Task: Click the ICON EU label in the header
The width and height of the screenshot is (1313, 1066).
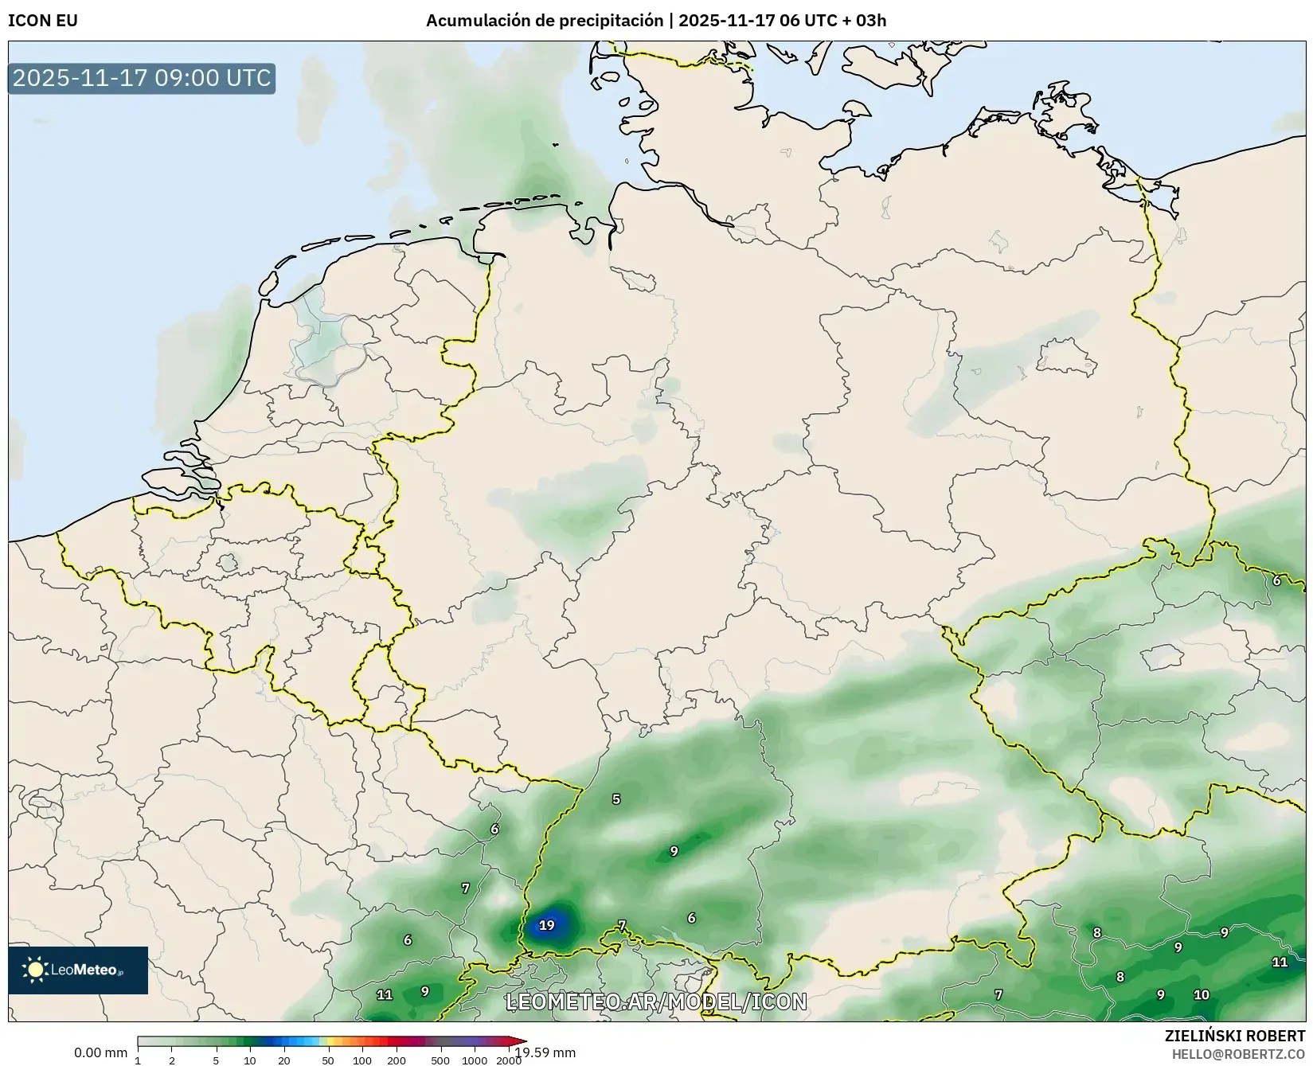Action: (43, 21)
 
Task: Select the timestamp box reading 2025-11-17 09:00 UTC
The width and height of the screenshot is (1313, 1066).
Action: (142, 78)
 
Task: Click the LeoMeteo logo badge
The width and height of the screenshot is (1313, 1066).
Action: (78, 970)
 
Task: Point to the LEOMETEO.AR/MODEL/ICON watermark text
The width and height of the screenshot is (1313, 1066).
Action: (656, 1002)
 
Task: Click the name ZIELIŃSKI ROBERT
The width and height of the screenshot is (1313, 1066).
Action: (1234, 1036)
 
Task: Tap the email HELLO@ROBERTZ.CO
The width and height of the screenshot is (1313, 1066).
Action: (1238, 1054)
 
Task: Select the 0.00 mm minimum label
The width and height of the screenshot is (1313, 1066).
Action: (100, 1052)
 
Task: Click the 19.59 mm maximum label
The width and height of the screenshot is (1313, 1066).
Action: (545, 1052)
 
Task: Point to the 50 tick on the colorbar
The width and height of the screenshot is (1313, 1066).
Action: (328, 1060)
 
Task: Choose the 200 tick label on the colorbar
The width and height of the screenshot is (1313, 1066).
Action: (397, 1060)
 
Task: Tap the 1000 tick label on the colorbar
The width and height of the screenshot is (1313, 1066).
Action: (475, 1060)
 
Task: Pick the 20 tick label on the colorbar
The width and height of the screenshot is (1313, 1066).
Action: (284, 1060)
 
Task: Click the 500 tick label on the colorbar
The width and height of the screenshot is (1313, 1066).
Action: (440, 1060)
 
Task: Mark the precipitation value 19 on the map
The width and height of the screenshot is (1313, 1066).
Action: (546, 925)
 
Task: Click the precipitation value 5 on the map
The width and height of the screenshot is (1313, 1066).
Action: (615, 799)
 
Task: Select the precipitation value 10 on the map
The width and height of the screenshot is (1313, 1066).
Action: (1202, 994)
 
